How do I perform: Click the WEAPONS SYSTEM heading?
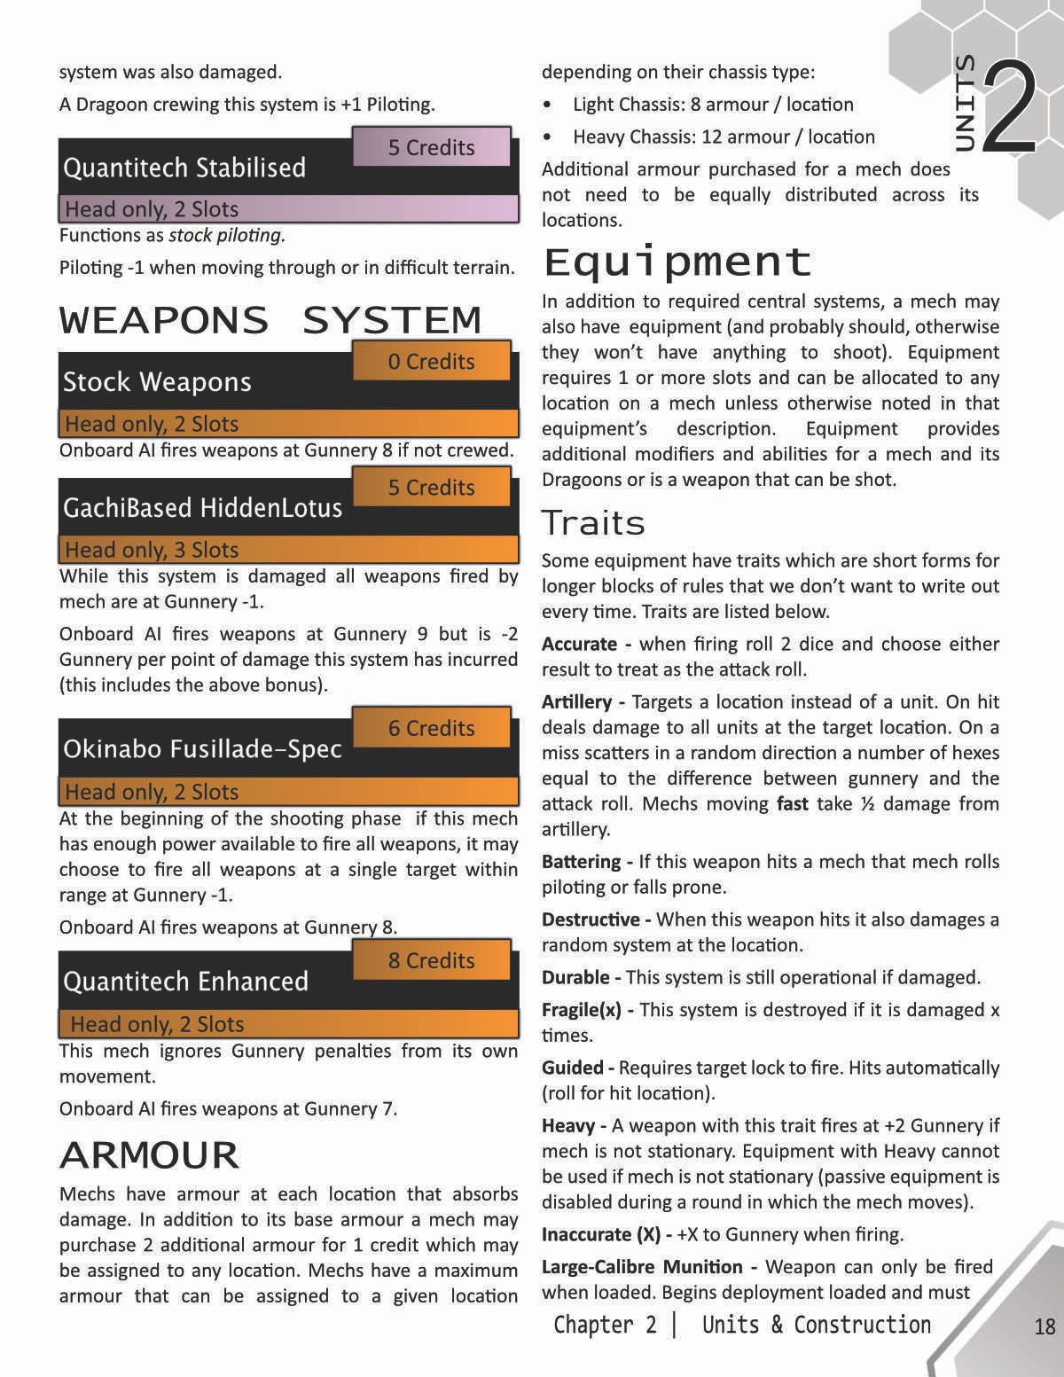(270, 320)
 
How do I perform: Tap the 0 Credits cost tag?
(432, 361)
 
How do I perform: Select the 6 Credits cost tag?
(432, 728)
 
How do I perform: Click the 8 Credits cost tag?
(432, 960)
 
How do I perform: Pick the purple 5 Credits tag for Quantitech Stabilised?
(432, 147)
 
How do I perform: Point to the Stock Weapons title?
(157, 382)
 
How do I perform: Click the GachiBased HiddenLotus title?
(202, 508)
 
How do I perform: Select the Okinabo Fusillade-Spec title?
(202, 749)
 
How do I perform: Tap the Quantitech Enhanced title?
(186, 982)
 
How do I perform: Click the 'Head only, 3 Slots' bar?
(288, 550)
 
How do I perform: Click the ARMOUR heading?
(149, 1155)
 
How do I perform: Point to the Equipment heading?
(677, 262)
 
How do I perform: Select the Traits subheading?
(593, 523)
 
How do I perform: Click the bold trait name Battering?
(582, 862)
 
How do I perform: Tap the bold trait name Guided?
(573, 1068)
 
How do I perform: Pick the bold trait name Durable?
(575, 977)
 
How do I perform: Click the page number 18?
(1044, 1326)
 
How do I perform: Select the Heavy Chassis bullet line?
(724, 137)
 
